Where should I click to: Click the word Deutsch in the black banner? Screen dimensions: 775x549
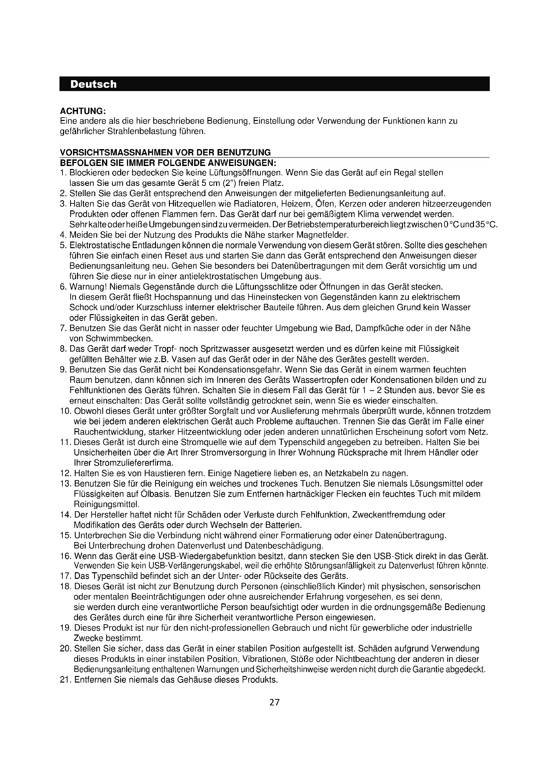[x=93, y=84]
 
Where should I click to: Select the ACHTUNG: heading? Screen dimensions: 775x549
[x=83, y=111]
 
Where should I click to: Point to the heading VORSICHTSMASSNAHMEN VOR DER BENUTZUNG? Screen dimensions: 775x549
[x=165, y=152]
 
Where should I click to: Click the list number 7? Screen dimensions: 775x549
[x=62, y=328]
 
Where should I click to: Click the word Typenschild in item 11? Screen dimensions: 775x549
[x=300, y=442]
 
